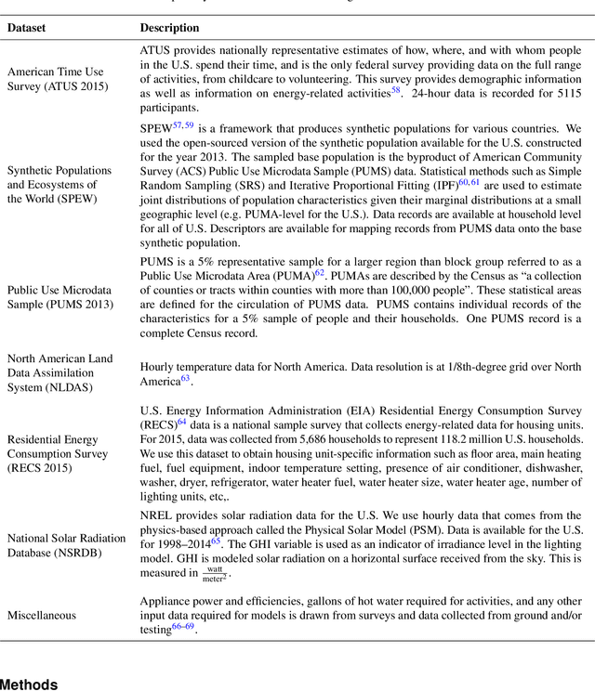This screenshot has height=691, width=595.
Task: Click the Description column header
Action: (x=169, y=28)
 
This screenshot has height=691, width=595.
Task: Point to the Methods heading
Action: (x=29, y=684)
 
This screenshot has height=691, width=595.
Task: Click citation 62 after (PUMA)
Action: (x=319, y=272)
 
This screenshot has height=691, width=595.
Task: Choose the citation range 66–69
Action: (x=183, y=627)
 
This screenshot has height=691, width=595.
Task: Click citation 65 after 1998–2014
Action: (x=216, y=540)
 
